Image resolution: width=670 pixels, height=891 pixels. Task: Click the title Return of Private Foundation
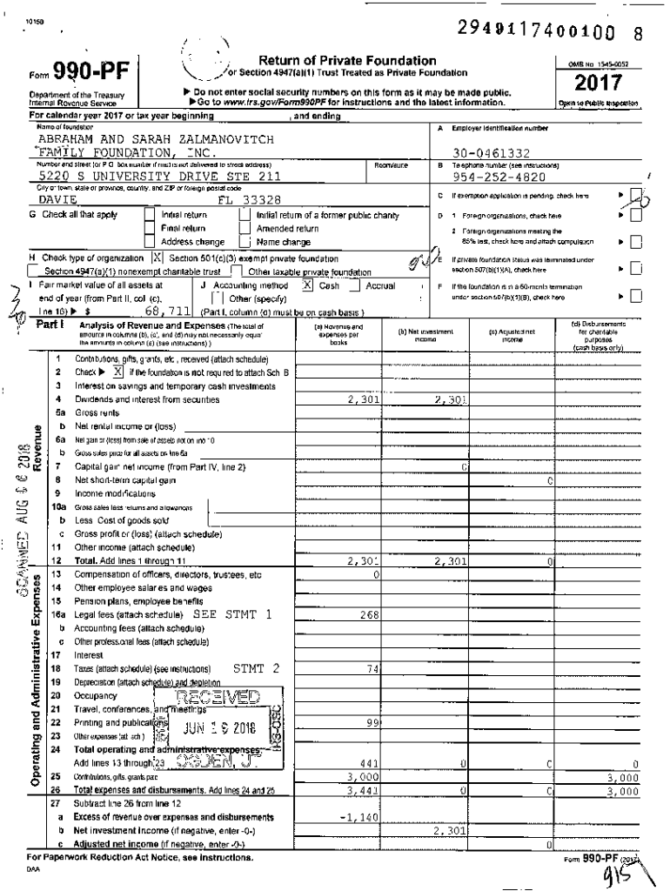point(347,60)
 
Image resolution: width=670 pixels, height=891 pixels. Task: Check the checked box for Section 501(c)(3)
point(157,258)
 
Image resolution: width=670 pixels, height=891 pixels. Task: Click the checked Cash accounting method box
point(307,285)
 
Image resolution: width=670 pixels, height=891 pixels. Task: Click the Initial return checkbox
point(150,215)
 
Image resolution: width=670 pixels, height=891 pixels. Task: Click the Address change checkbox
point(150,242)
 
